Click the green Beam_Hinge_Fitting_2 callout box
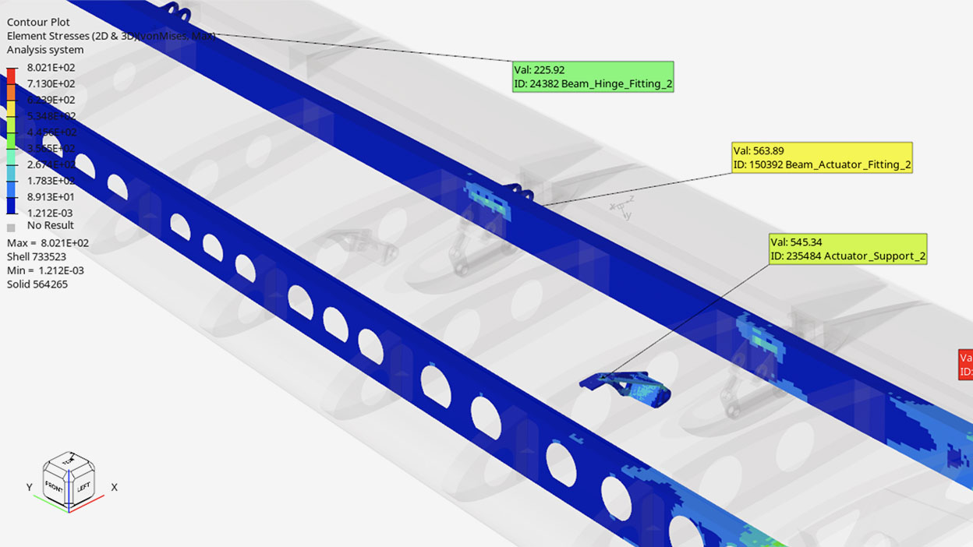pos(593,77)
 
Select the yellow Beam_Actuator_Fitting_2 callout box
pos(822,157)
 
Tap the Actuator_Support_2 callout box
pos(847,249)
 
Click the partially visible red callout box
pos(965,364)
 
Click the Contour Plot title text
pos(38,22)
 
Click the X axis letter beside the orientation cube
pos(114,487)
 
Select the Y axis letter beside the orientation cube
pos(29,487)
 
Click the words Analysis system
pos(45,50)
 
